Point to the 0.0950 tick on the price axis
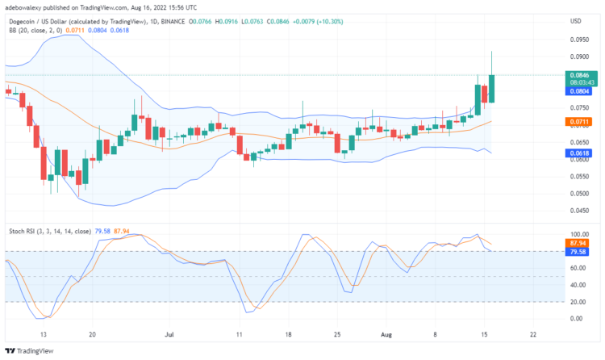(579, 39)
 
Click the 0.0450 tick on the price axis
(579, 210)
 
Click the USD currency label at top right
(575, 21)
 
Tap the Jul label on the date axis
(169, 333)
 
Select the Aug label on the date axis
(386, 333)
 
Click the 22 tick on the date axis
(533, 333)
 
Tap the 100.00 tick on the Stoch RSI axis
(579, 233)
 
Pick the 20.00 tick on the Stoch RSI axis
(579, 302)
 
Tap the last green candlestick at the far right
(491, 88)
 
